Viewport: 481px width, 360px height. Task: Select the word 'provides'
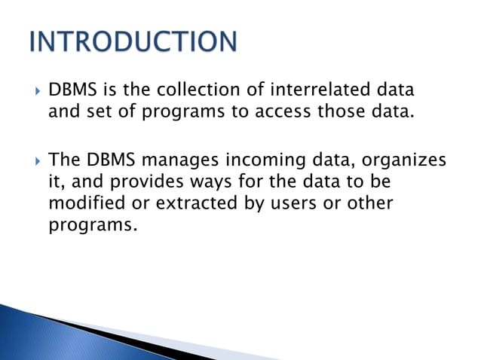pyautogui.click(x=140, y=183)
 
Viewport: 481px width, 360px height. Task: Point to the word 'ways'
pyautogui.click(x=205, y=183)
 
